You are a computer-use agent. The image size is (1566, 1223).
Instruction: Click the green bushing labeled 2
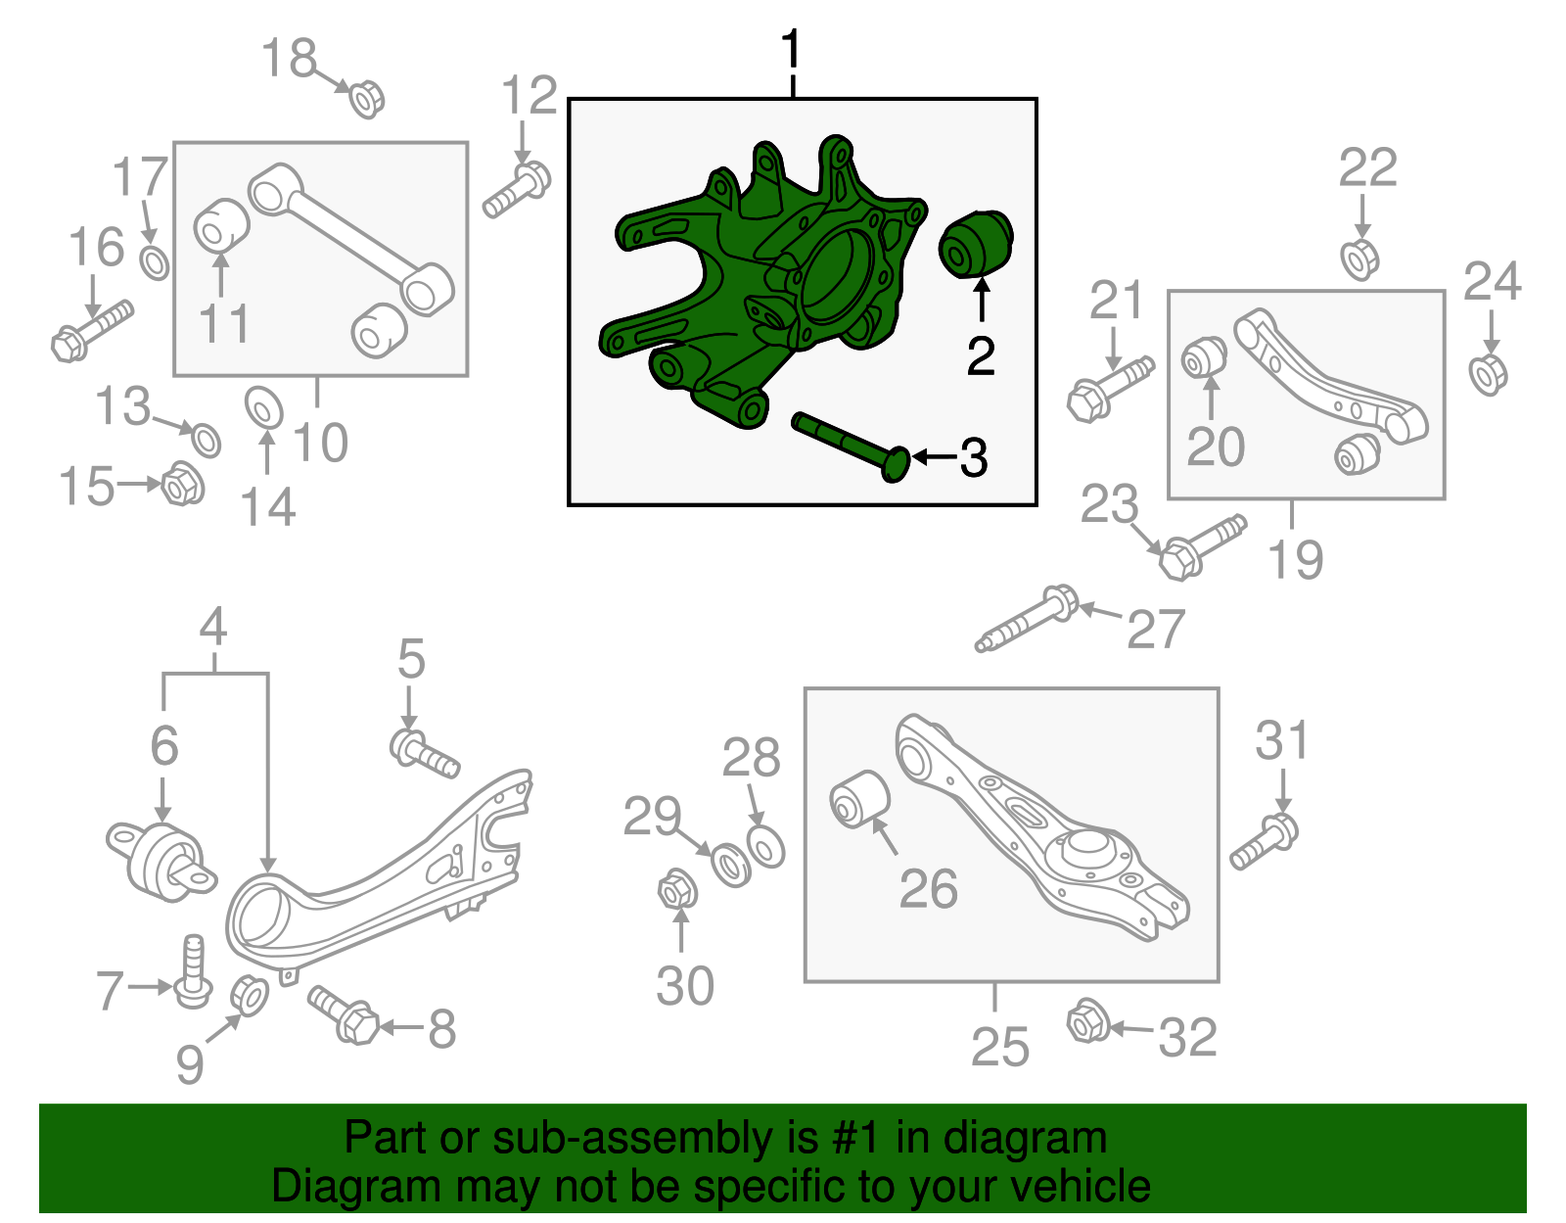point(975,244)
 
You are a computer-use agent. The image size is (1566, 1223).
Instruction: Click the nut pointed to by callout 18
point(367,99)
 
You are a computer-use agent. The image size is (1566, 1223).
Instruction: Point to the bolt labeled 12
point(518,192)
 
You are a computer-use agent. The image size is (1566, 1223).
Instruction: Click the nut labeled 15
point(182,484)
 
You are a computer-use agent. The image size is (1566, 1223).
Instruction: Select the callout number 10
point(320,444)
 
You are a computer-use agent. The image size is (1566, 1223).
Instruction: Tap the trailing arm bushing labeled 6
point(161,859)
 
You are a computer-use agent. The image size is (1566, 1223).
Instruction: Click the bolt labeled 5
point(424,755)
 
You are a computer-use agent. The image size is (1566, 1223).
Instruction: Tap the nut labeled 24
point(1488,375)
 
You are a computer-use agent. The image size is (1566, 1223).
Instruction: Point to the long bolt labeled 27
point(1027,619)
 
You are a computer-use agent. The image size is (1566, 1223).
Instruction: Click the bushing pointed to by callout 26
point(859,799)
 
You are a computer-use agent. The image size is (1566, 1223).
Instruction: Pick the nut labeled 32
point(1086,1021)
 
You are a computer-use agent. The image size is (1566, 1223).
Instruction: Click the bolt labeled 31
point(1265,842)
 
